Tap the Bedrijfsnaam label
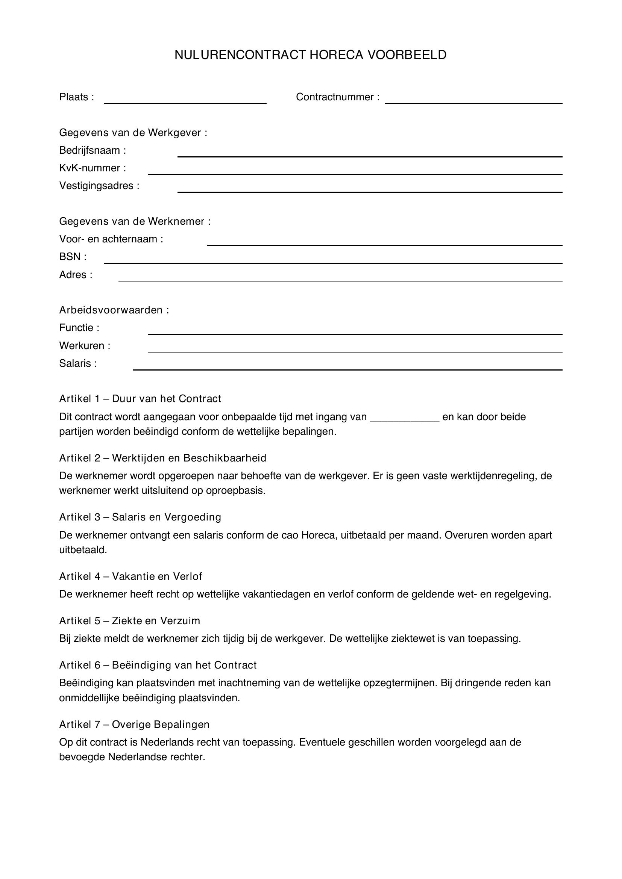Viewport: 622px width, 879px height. coord(92,150)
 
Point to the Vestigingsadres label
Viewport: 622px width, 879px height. coord(99,186)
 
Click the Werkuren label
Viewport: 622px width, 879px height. coord(84,346)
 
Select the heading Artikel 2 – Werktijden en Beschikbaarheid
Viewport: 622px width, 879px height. coord(162,458)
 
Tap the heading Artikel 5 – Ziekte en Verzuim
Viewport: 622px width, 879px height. coord(129,620)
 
